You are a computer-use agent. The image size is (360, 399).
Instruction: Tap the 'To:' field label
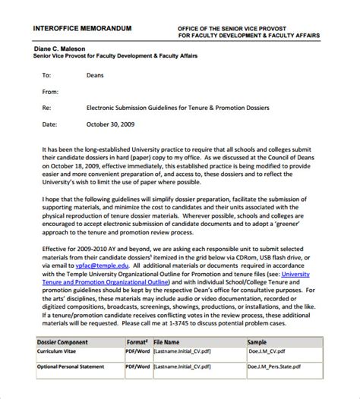[46, 76]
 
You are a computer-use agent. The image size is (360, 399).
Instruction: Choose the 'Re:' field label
[47, 108]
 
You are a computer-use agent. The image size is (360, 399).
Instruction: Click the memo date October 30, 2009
[112, 124]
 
